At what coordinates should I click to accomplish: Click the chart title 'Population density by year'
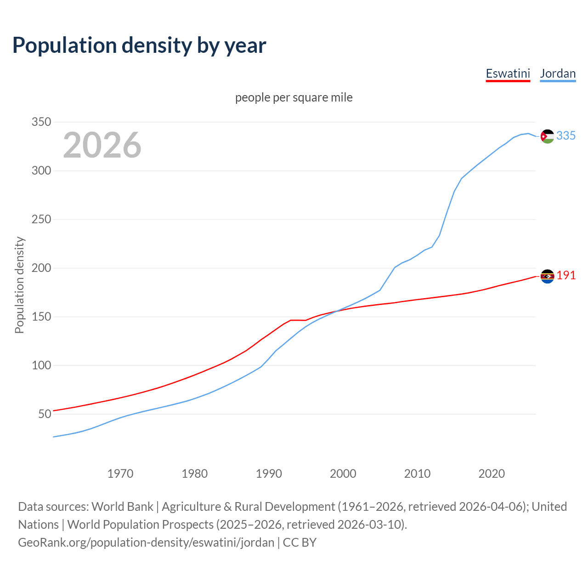click(139, 45)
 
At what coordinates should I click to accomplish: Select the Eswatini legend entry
click(508, 73)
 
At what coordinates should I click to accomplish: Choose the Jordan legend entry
click(558, 73)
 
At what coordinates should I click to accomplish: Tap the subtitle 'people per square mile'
click(294, 97)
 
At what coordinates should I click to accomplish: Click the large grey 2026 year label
click(102, 145)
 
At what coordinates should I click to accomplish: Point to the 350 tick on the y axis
click(41, 122)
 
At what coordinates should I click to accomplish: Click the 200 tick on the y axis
click(41, 268)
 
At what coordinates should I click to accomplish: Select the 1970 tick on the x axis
click(120, 474)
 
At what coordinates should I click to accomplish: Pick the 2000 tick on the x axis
click(343, 474)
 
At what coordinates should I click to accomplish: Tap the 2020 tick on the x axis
click(492, 474)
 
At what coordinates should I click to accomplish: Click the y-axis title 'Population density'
click(19, 285)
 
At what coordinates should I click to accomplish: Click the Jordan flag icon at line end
click(547, 136)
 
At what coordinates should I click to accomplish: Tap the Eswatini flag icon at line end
click(547, 276)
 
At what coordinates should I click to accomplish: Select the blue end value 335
click(566, 136)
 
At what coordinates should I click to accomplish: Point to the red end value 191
click(566, 276)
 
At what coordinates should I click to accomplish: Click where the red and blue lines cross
click(337, 311)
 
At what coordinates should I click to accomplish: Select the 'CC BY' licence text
click(300, 543)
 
